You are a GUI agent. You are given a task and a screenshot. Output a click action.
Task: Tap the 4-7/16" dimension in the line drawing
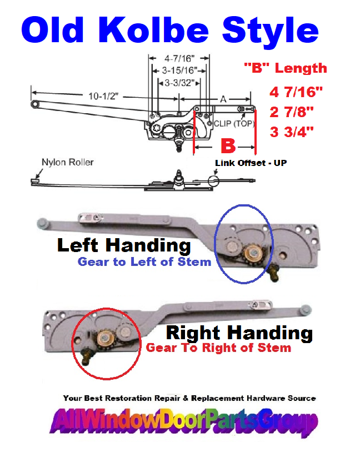click(x=179, y=57)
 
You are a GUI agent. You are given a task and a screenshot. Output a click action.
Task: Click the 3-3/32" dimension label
click(x=179, y=83)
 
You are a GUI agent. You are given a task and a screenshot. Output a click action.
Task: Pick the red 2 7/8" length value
click(x=291, y=110)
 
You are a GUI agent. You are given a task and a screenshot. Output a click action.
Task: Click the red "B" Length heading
click(x=285, y=68)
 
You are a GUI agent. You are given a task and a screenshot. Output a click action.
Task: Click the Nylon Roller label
click(x=67, y=162)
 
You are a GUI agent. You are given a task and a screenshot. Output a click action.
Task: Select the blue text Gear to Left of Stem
click(x=144, y=261)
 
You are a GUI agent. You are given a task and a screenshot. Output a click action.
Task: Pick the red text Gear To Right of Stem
click(x=218, y=348)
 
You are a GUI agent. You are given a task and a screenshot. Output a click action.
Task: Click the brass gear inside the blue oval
click(x=252, y=253)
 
